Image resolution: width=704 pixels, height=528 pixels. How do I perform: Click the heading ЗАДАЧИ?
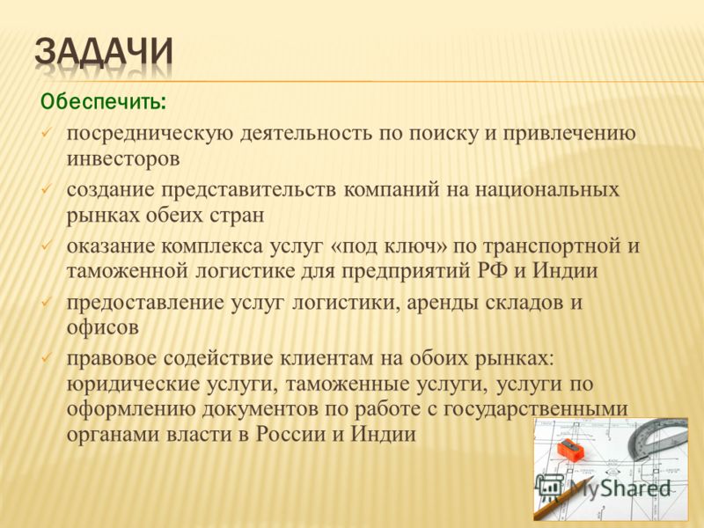[104, 53]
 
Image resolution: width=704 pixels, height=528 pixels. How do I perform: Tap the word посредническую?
[150, 134]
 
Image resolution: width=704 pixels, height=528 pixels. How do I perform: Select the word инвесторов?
[123, 159]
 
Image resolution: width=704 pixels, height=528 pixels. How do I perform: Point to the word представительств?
[248, 190]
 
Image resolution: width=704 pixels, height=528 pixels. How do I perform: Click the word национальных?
[546, 190]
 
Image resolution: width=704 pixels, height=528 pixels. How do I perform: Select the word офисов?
[103, 326]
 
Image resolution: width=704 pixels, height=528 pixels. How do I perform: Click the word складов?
[523, 303]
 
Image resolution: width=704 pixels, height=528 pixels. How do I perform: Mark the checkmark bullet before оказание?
[47, 246]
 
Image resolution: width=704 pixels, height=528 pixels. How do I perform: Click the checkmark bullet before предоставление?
[47, 303]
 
